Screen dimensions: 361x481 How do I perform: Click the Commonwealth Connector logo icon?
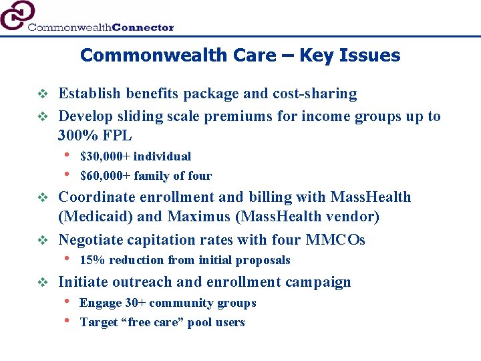click(16, 15)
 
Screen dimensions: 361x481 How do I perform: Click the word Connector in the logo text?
click(143, 27)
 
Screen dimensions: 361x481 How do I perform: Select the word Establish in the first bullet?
click(88, 94)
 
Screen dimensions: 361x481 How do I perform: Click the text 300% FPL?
click(95, 136)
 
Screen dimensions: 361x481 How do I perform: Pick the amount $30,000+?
click(107, 156)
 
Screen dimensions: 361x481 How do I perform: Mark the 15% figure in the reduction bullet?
click(92, 260)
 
